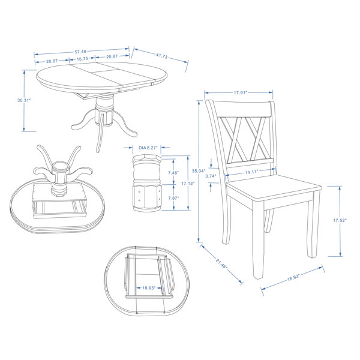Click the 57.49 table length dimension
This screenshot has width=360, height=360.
[x=80, y=52]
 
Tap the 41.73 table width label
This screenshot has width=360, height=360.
[x=161, y=56]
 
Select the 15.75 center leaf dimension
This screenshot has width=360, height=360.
[x=82, y=59]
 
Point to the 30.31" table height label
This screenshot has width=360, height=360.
[x=24, y=100]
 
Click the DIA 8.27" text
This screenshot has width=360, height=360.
[x=148, y=148]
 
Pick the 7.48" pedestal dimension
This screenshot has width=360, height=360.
[x=173, y=173]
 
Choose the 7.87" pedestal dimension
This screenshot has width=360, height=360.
[x=173, y=198]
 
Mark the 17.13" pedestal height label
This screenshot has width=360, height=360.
[x=188, y=184]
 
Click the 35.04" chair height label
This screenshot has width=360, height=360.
[x=199, y=171]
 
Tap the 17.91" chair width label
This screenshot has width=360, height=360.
[x=241, y=93]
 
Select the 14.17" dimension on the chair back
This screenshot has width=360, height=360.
[x=251, y=172]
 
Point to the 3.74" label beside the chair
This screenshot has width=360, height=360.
[x=211, y=176]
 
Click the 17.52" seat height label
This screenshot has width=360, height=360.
[x=340, y=220]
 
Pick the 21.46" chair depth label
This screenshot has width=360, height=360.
[x=221, y=263]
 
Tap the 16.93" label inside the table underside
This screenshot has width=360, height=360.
[x=149, y=288]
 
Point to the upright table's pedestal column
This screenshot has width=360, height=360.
[x=104, y=111]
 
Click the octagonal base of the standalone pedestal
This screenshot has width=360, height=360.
[x=147, y=197]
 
